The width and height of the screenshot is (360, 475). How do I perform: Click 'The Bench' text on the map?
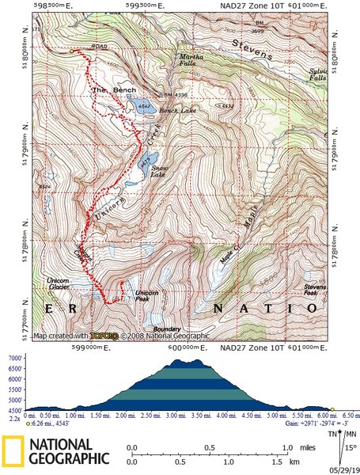tap(108, 91)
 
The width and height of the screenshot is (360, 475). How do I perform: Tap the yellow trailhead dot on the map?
tap(72, 51)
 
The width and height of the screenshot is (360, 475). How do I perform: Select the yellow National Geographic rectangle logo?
tap(13, 450)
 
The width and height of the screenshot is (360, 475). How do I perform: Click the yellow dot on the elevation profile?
tap(332, 410)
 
